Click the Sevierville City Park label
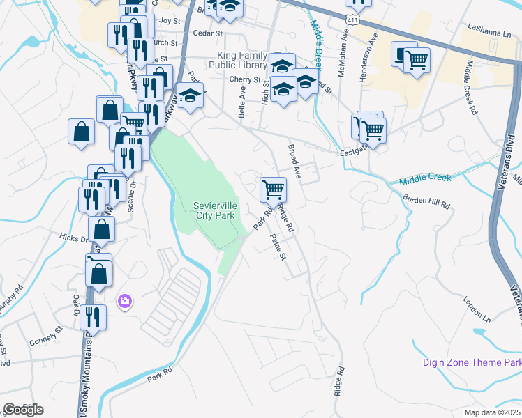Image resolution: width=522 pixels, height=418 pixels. point(216,210)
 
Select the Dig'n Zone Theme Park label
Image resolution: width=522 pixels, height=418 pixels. point(472,362)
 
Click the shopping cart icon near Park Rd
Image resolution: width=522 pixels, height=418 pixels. point(273,189)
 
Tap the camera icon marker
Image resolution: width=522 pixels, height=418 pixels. point(125,300)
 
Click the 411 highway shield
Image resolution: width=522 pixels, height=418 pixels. point(353,20)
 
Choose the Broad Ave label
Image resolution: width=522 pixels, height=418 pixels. point(294,162)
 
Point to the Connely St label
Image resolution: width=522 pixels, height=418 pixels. point(46,342)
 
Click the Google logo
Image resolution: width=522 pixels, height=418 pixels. point(23,410)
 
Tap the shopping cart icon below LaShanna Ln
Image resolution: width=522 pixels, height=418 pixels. point(417,60)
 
